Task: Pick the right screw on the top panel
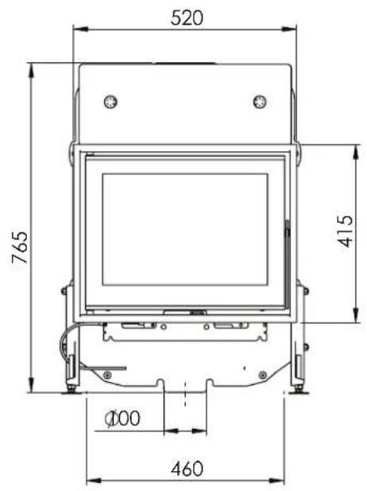click(x=259, y=100)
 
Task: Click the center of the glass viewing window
click(x=185, y=230)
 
